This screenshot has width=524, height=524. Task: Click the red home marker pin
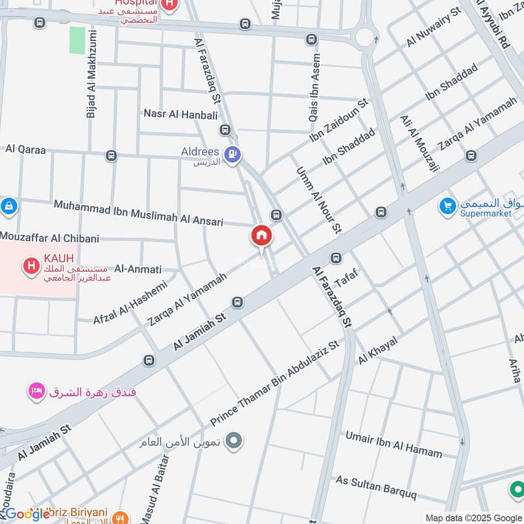pyautogui.click(x=261, y=236)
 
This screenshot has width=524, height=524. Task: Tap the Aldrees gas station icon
pyautogui.click(x=232, y=155)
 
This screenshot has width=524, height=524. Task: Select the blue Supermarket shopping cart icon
pyautogui.click(x=448, y=206)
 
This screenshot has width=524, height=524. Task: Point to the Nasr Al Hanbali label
pyautogui.click(x=180, y=113)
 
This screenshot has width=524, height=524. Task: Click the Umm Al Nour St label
pyautogui.click(x=319, y=200)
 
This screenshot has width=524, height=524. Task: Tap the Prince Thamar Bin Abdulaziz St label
pyautogui.click(x=275, y=383)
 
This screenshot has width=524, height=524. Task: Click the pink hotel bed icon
pyautogui.click(x=36, y=392)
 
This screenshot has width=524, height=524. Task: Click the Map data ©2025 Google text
pyautogui.click(x=473, y=517)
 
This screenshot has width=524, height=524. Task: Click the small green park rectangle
pyautogui.click(x=78, y=41)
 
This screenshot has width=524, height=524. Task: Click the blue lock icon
pyautogui.click(x=9, y=207)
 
